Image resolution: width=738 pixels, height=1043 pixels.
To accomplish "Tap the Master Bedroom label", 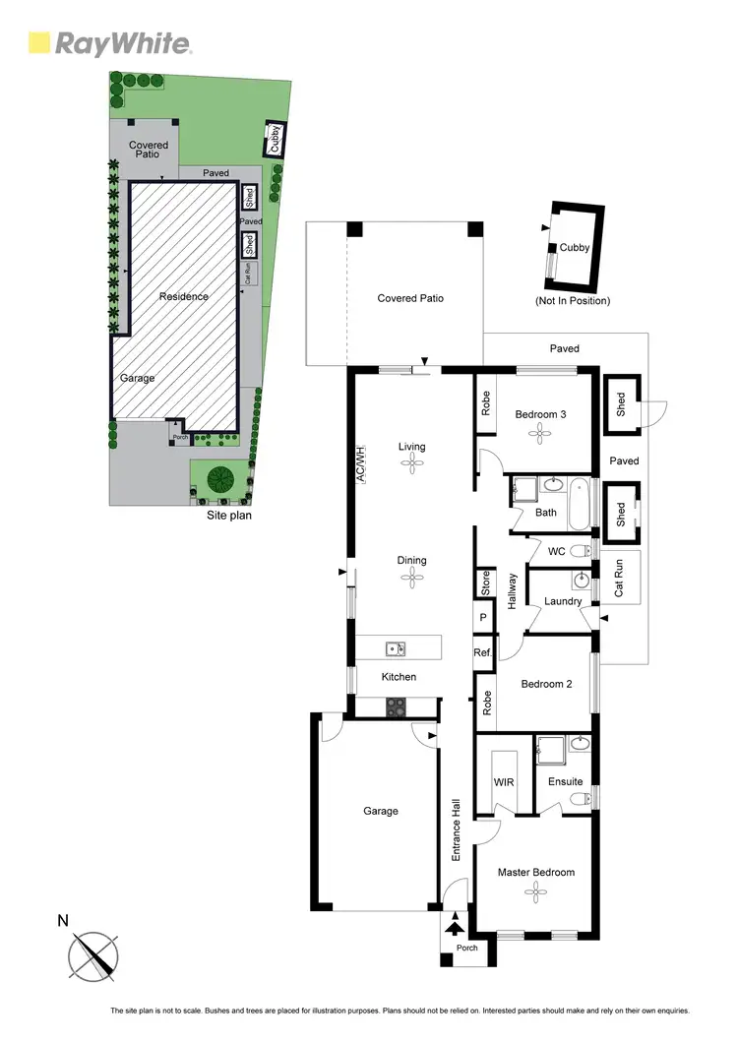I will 535,872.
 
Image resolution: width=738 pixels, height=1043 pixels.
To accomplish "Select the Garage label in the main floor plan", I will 381,811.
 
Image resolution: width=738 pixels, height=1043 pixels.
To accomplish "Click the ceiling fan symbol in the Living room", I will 411,468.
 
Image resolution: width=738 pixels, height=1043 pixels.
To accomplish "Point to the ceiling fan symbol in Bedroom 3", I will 540,436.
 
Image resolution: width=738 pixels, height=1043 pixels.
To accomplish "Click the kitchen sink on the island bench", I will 393,647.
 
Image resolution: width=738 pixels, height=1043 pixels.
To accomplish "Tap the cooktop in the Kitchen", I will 396,706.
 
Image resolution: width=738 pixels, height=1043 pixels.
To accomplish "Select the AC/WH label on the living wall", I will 360,464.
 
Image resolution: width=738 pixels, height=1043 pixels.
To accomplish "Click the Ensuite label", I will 566,781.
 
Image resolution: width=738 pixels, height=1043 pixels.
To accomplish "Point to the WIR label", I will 505,781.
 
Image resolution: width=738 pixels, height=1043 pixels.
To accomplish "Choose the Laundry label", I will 563,601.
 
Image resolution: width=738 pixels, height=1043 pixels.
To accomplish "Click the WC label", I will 556,551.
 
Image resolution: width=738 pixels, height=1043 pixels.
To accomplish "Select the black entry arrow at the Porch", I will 456,925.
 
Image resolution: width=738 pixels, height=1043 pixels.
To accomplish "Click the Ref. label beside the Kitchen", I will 482,651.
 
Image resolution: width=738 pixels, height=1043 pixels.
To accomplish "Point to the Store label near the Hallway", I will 484,583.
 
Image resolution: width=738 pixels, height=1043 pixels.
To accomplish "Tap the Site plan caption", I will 228,515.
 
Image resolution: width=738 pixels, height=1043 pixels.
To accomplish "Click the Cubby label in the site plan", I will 274,139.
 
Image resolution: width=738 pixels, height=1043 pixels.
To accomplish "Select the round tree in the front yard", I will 218,479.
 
